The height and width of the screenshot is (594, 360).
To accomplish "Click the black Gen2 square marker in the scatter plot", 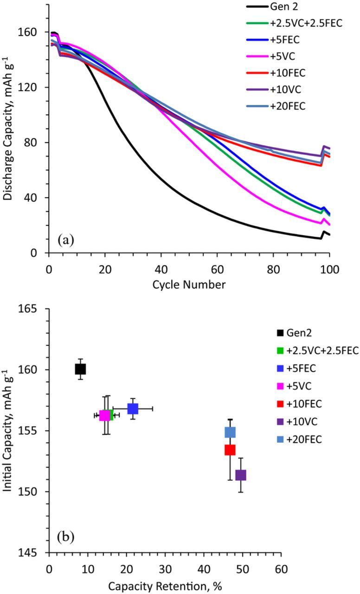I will [80, 369].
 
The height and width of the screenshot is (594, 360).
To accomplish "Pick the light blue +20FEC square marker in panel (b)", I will [230, 433].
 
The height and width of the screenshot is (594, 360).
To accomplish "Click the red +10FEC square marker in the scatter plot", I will [230, 450].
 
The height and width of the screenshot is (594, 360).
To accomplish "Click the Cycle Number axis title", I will [189, 284].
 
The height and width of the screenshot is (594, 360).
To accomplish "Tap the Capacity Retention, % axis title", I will [165, 586].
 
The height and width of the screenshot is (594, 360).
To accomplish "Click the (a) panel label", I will [65, 240].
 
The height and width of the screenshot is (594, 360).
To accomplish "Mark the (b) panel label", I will [65, 537].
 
